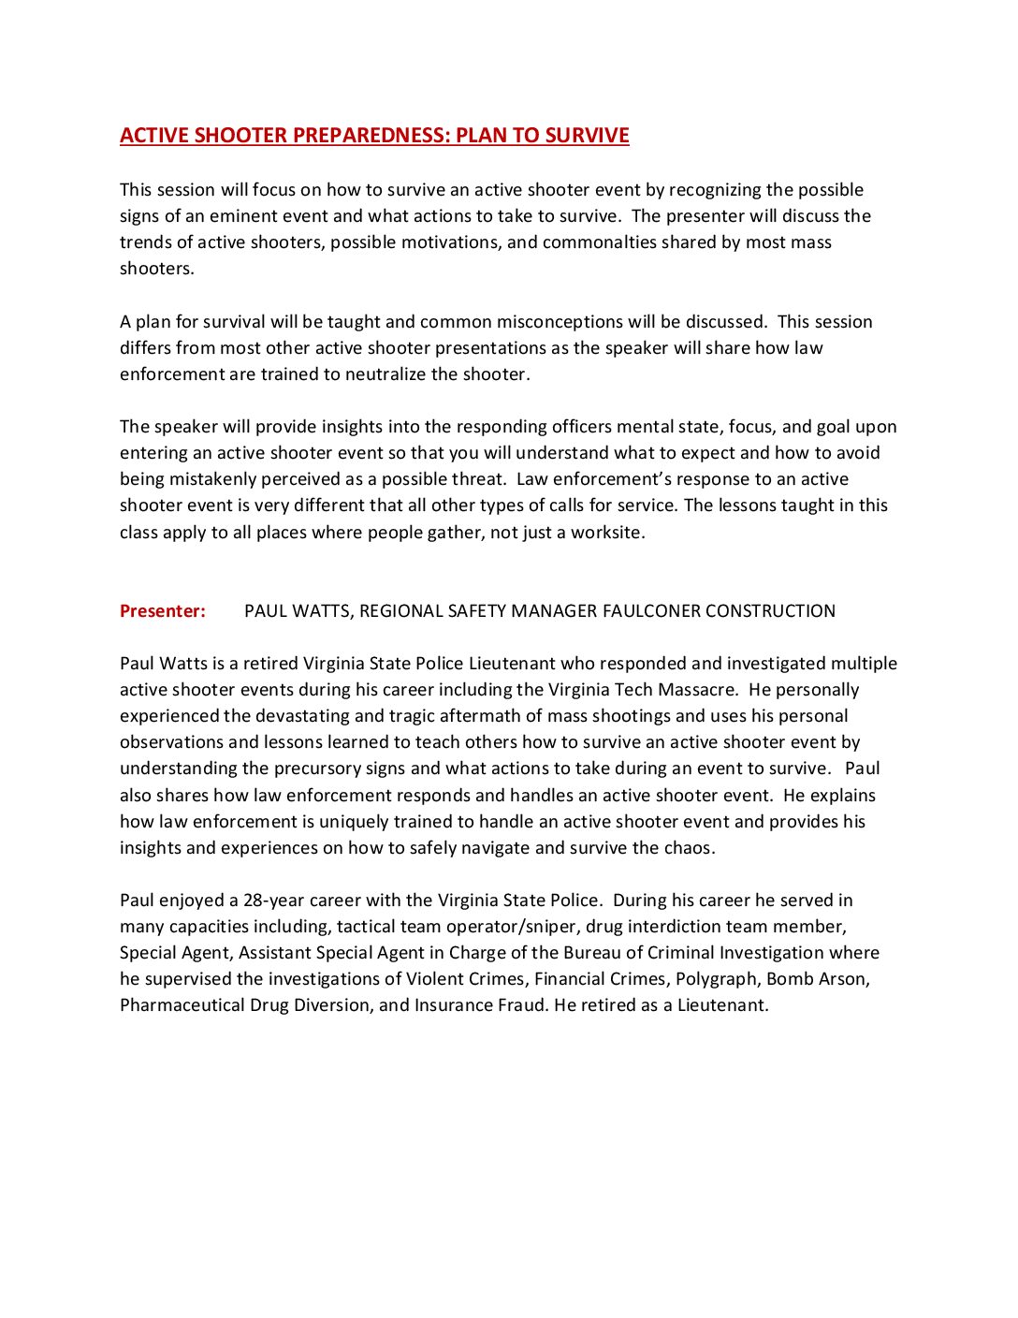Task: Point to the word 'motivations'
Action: pos(449,242)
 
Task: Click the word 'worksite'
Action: pos(607,533)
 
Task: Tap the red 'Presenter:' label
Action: pos(163,611)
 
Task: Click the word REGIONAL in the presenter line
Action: pos(400,611)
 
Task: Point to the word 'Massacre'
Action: pos(697,690)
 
